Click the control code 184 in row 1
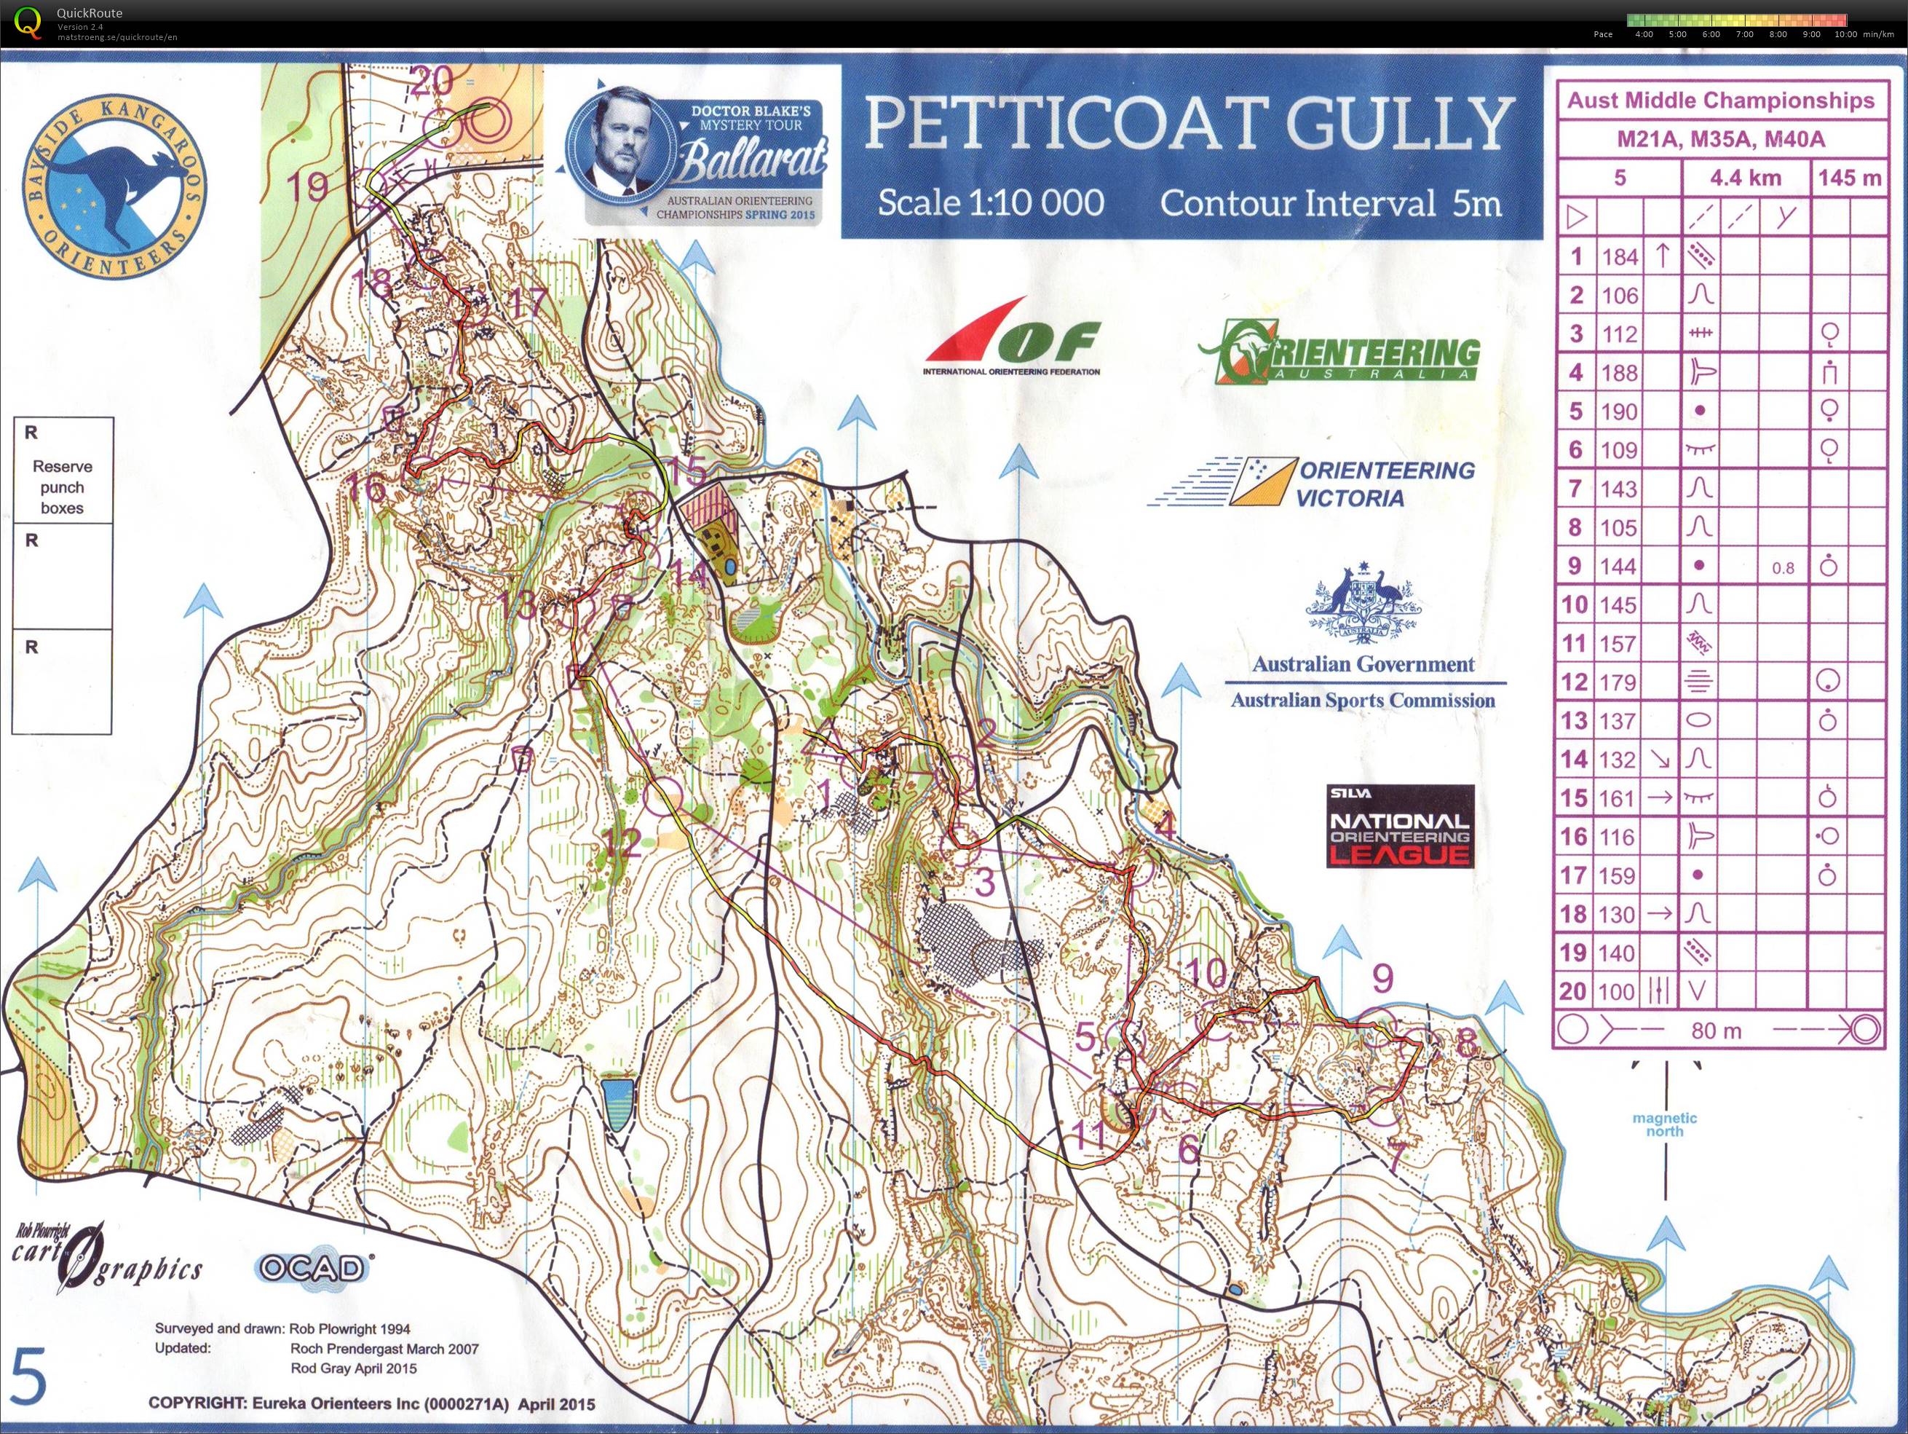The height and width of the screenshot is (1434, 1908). [1620, 257]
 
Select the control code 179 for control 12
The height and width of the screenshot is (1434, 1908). [1618, 682]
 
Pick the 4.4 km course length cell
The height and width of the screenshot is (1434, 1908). [1744, 178]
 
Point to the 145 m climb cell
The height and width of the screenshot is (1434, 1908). [1848, 178]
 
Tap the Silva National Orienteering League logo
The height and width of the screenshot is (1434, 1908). [1399, 826]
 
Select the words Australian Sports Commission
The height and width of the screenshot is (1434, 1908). [1363, 700]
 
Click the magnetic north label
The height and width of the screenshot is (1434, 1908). [1664, 1124]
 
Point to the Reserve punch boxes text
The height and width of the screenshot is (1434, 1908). [62, 486]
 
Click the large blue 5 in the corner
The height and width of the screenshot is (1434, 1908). [28, 1379]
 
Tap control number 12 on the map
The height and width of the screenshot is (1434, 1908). [621, 842]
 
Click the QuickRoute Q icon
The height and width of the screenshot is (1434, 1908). [28, 22]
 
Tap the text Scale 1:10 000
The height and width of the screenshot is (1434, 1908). [990, 202]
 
